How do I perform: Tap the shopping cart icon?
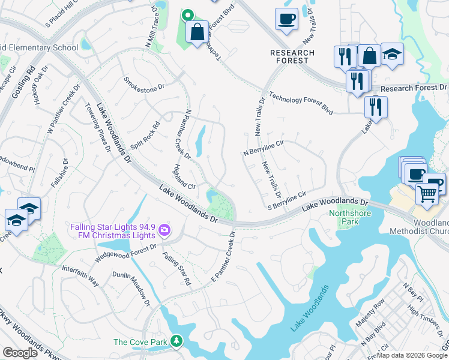[x=427, y=193]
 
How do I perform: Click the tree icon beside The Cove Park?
[x=176, y=342]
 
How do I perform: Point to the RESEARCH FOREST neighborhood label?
[x=292, y=56]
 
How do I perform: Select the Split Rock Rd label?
[x=145, y=136]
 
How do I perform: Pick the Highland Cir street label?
[x=184, y=177]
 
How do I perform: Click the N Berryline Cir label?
[x=263, y=148]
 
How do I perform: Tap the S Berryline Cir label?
[x=287, y=200]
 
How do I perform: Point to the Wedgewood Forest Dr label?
[x=126, y=254]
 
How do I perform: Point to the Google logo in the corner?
[x=20, y=353]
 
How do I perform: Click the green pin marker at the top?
[x=188, y=16]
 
